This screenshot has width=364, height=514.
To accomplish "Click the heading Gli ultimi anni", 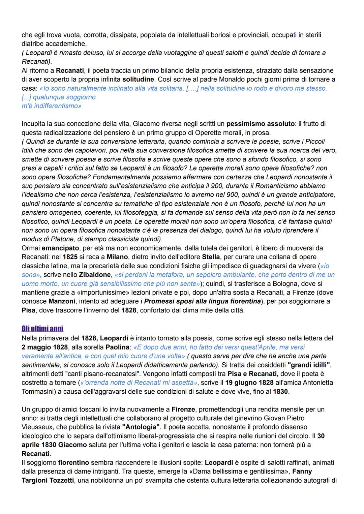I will click(42, 329).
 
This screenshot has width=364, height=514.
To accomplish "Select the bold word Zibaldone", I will click(95, 275).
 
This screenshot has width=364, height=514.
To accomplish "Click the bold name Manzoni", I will click(61, 301).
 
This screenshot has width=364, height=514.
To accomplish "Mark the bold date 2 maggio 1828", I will click(44, 347).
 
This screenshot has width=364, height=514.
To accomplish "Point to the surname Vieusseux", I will click(35, 427).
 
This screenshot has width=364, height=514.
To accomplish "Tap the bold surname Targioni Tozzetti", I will click(48, 480).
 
